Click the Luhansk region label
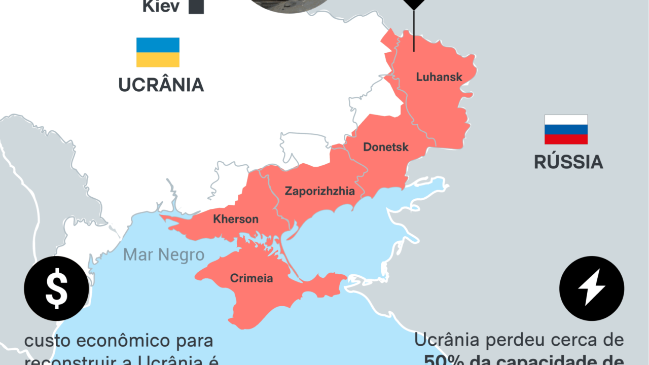[x=439, y=77]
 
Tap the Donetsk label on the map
[x=386, y=148]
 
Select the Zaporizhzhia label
[x=319, y=191]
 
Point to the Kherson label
[x=236, y=220]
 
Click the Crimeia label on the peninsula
[x=251, y=278]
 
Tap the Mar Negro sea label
[x=164, y=254]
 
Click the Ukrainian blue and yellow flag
[x=158, y=52]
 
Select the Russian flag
[x=566, y=129]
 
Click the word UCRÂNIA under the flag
[x=161, y=85]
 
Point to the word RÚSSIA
[x=568, y=162]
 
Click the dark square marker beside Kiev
[x=196, y=7]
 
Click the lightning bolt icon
[x=591, y=288]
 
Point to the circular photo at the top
[x=289, y=5]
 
